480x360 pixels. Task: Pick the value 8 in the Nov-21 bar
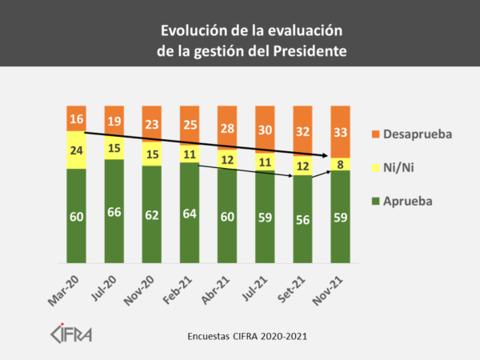(342, 163)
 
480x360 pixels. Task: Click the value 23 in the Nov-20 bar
(152, 124)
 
